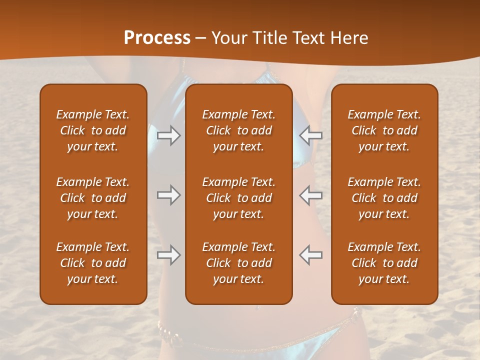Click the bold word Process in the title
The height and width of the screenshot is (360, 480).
(157, 38)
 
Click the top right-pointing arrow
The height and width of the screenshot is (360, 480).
(168, 135)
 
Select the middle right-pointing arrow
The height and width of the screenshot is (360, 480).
(168, 195)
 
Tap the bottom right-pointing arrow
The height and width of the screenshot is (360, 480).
(168, 255)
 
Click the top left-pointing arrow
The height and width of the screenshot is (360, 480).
(311, 135)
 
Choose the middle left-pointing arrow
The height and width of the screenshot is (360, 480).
(311, 195)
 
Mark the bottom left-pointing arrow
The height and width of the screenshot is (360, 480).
(311, 255)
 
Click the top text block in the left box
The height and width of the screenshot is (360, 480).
(93, 130)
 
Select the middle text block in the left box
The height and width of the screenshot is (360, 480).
(93, 198)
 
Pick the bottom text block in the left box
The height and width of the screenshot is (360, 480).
(93, 263)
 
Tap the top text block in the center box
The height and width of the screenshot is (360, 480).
(239, 130)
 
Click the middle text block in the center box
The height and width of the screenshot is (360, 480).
(239, 198)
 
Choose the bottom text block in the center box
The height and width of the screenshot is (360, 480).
(239, 263)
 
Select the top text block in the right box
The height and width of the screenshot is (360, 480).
(384, 130)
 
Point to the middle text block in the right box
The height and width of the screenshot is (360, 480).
(384, 198)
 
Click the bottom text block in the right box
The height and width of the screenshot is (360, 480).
(384, 263)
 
